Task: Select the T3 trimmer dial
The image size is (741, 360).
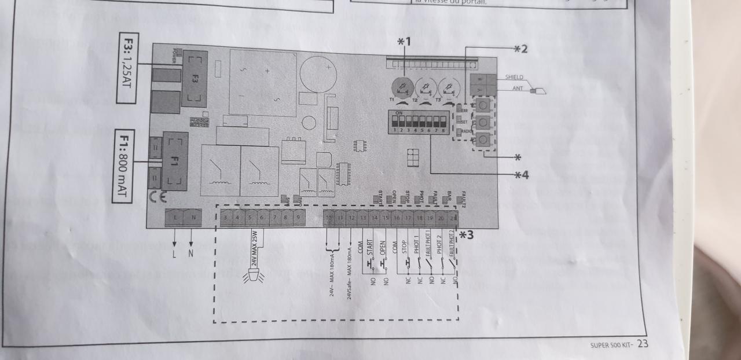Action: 449,87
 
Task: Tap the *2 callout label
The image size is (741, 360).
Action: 521,49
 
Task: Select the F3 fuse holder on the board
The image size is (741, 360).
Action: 195,78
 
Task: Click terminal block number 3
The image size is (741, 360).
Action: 224,218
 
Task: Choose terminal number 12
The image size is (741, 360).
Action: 351,218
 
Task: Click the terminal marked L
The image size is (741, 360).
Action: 174,218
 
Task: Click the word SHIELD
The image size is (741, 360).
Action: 514,77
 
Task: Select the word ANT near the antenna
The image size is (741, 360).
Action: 519,89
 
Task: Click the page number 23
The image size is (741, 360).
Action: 643,344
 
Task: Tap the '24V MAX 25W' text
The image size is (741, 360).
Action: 255,249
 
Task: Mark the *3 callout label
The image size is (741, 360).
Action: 467,235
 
